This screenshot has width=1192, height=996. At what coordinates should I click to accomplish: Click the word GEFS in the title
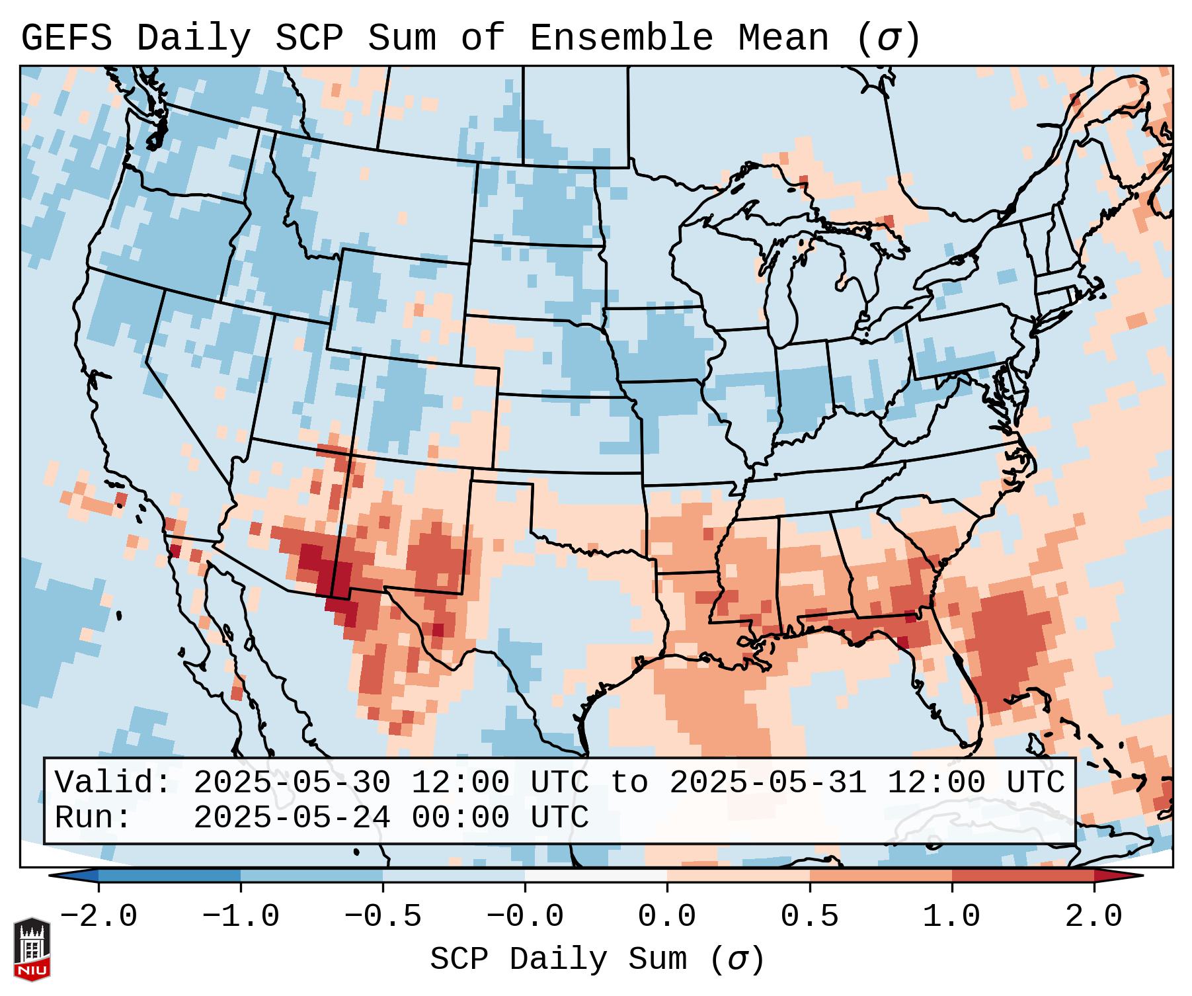pos(66,38)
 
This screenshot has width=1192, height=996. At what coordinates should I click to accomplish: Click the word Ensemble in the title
pos(621,38)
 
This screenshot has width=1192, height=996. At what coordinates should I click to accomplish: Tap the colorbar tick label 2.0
pos(1093,917)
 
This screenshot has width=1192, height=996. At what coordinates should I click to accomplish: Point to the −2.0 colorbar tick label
pos(99,917)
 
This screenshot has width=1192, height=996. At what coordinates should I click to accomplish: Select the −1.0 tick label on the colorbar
pos(241,917)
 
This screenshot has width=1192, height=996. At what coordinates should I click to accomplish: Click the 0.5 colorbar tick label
pos(809,917)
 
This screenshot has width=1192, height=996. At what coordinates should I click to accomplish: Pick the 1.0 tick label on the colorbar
pos(951,917)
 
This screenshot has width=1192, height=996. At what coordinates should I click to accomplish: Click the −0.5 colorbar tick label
pos(383,917)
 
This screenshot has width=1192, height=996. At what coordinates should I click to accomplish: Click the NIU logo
pos(32,948)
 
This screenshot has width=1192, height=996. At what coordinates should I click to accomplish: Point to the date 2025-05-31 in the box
pos(768,782)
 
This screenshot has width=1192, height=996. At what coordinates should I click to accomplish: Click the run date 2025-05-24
pos(292,817)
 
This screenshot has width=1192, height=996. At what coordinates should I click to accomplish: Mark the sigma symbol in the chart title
pos(888,38)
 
